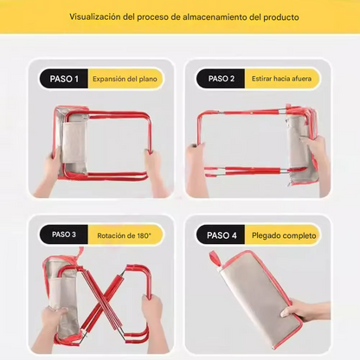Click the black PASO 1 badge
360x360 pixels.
64,79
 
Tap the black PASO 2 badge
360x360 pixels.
221,79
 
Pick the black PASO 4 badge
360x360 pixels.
221,235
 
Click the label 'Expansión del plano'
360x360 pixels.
126,79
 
